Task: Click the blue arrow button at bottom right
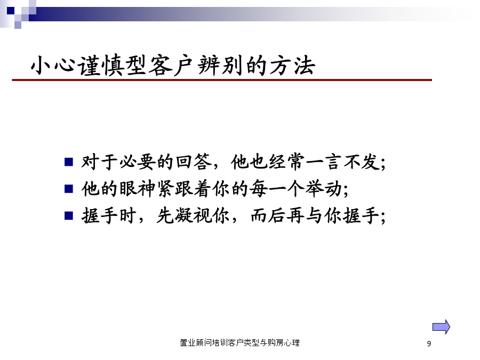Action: [x=441, y=327]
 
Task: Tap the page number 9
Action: [x=429, y=344]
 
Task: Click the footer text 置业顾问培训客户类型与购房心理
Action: [x=239, y=343]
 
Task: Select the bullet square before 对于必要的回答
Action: [x=69, y=162]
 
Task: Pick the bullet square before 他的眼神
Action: [x=69, y=189]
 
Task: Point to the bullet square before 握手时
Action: [x=69, y=216]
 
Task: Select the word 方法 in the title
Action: [x=292, y=65]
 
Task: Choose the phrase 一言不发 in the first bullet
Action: [x=342, y=162]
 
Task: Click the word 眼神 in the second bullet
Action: [x=137, y=189]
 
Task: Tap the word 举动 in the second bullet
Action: [x=324, y=189]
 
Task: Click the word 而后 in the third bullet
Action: [x=268, y=215]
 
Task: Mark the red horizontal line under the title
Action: [x=222, y=80]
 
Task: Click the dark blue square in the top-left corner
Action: [x=11, y=11]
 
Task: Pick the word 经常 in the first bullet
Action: [x=287, y=162]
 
